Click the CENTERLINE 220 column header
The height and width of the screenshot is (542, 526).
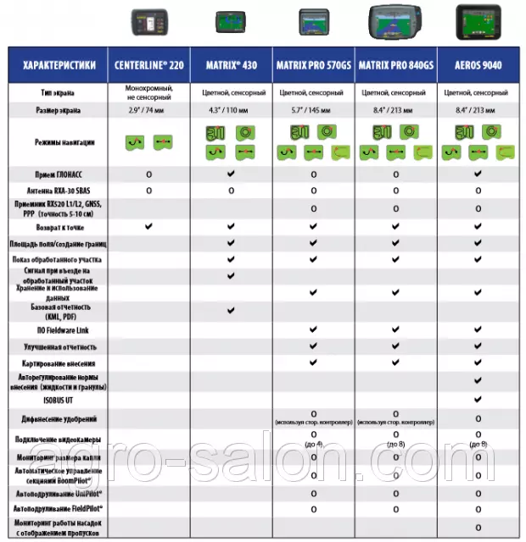coord(149,65)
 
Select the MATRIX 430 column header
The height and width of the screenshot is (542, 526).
coord(231,65)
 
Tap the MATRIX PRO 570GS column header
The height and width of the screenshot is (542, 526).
coord(313,65)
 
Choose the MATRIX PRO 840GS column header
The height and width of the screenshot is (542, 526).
coord(395,65)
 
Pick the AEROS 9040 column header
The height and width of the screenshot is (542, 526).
coord(478,65)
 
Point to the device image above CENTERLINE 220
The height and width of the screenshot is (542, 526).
coord(149,20)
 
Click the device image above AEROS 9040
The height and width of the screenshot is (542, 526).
coord(478,20)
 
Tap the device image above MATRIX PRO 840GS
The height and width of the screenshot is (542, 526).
coord(395,20)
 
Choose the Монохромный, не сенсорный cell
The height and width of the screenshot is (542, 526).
coord(149,91)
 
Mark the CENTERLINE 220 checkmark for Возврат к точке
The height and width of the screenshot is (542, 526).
coord(149,227)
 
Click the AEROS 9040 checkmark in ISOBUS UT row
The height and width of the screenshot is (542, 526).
coord(478,399)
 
